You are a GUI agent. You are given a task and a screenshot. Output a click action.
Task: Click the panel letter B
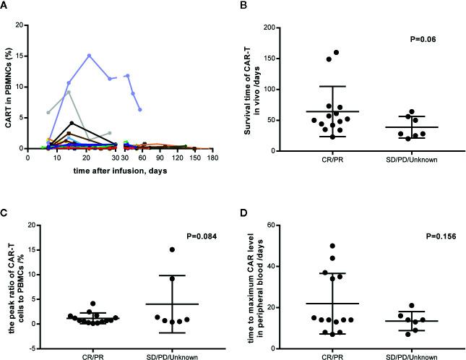241,6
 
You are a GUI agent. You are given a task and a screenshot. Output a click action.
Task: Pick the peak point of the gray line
68,92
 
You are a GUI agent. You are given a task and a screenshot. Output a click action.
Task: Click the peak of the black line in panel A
70,123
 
